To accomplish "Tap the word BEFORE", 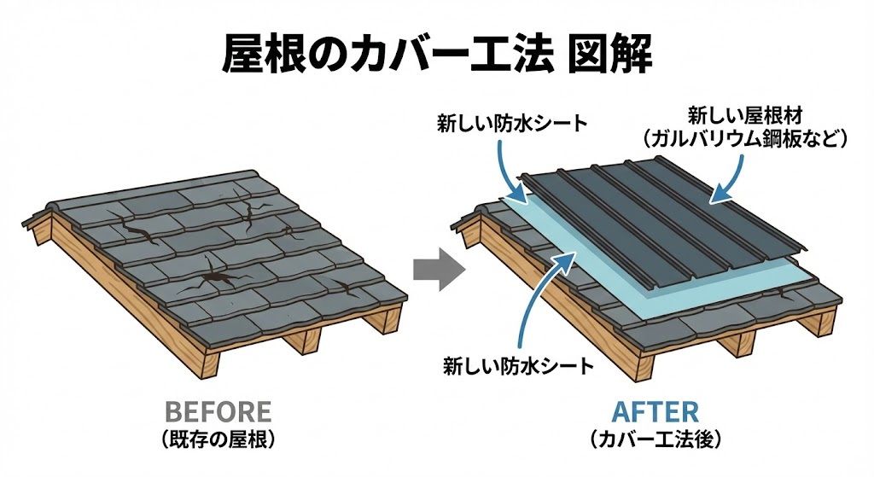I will click(218, 412).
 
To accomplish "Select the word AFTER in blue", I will click(655, 412).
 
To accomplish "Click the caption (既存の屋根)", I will click(218, 440).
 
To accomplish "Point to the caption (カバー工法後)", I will click(655, 440).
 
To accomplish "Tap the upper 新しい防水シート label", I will click(510, 123).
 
